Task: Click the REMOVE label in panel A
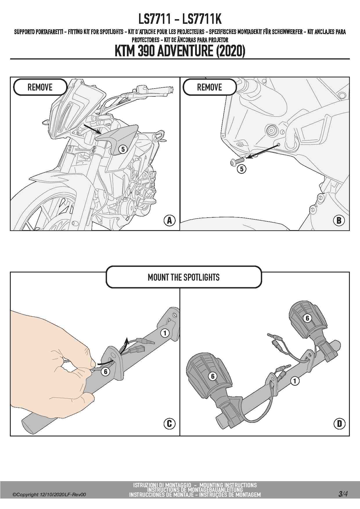coord(40,87)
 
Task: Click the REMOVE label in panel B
coord(209,87)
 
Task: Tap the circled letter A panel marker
coord(169,221)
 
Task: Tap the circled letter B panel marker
coord(339,221)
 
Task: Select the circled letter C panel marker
coord(169,424)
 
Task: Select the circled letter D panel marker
coord(339,424)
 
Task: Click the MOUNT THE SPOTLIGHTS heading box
coord(183,277)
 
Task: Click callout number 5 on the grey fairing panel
coord(123,149)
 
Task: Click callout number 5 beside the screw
coord(242,169)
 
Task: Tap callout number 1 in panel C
coord(165,333)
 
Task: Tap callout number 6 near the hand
coord(105,371)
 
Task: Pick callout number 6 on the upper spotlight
coord(307,318)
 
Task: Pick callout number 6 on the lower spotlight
coord(213,376)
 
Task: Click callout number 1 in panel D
coord(295,381)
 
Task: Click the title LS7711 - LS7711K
coord(180,19)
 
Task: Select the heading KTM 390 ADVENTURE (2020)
coord(180,51)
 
